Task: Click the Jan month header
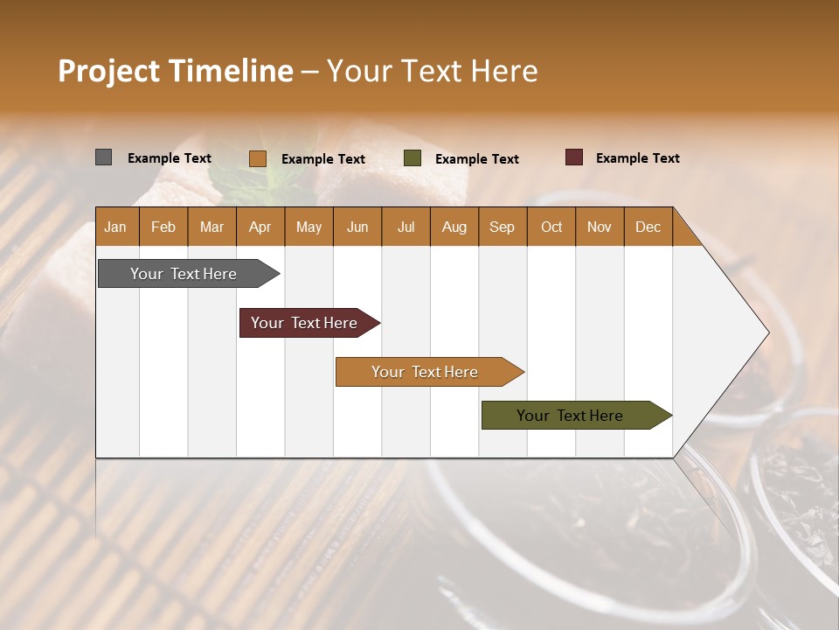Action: [x=115, y=227]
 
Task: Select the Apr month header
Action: [x=260, y=227]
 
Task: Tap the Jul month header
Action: [x=406, y=227]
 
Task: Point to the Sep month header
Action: [x=502, y=227]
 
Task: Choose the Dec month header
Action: [x=648, y=227]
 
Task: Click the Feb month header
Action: [x=163, y=227]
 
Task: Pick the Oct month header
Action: [x=551, y=227]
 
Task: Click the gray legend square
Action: [x=104, y=157]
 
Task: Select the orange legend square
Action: [x=258, y=158]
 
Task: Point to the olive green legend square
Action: [x=413, y=158]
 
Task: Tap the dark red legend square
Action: [x=574, y=157]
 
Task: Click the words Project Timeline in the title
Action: [x=175, y=71]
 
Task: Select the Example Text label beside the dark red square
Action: [x=637, y=158]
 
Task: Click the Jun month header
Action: [x=357, y=227]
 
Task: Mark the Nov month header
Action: [x=600, y=227]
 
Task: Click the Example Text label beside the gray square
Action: [x=169, y=158]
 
